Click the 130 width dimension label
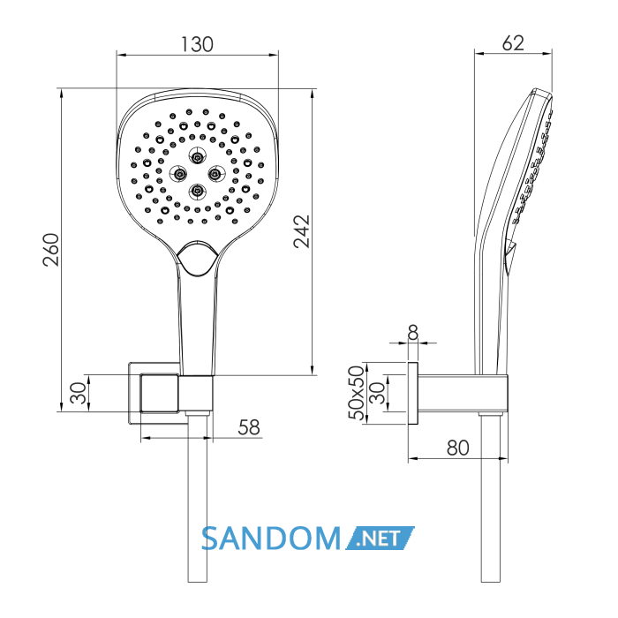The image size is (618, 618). (197, 44)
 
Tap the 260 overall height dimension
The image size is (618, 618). (51, 250)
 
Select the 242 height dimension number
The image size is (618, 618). (302, 231)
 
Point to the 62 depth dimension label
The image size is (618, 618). (513, 43)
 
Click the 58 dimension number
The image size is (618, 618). (249, 427)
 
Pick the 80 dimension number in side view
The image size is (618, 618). (457, 448)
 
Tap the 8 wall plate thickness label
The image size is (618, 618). (412, 333)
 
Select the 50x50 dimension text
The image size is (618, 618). (357, 393)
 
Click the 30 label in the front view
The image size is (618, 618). (78, 393)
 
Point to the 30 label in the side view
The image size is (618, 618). (378, 393)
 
